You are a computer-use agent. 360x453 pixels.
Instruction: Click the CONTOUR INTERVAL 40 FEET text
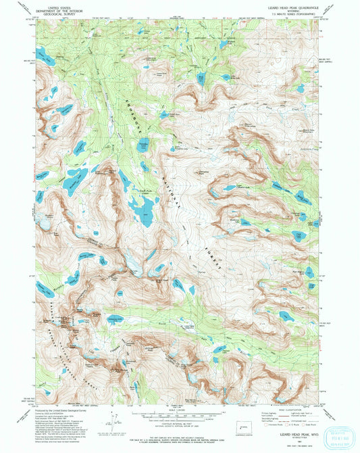(180, 423)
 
